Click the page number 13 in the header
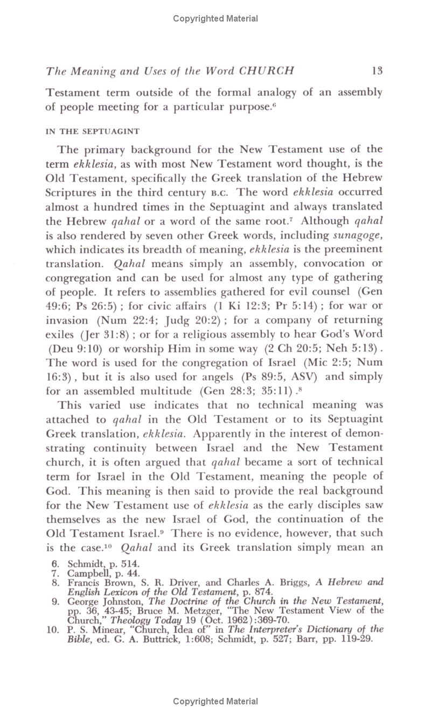coord(377,71)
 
